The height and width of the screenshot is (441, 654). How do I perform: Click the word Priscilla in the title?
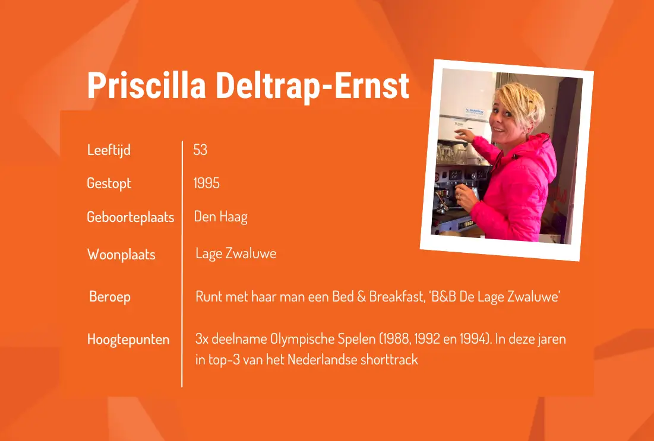146,86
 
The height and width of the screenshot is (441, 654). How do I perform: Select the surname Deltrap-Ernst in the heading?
312,86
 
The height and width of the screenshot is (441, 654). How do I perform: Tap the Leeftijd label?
109,150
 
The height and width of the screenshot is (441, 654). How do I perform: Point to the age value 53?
200,150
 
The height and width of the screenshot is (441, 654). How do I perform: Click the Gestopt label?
109,183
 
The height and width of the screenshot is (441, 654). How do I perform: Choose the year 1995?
206,183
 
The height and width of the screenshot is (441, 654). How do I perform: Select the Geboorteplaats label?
130,217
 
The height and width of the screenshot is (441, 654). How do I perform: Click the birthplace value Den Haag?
220,217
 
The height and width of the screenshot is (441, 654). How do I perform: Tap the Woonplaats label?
121,255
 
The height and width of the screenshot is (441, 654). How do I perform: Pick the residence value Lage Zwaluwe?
236,254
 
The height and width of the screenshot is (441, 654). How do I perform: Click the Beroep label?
110,296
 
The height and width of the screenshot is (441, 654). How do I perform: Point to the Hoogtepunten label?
128,340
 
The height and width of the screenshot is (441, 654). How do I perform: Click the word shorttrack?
389,360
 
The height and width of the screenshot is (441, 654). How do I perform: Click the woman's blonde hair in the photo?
520,98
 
